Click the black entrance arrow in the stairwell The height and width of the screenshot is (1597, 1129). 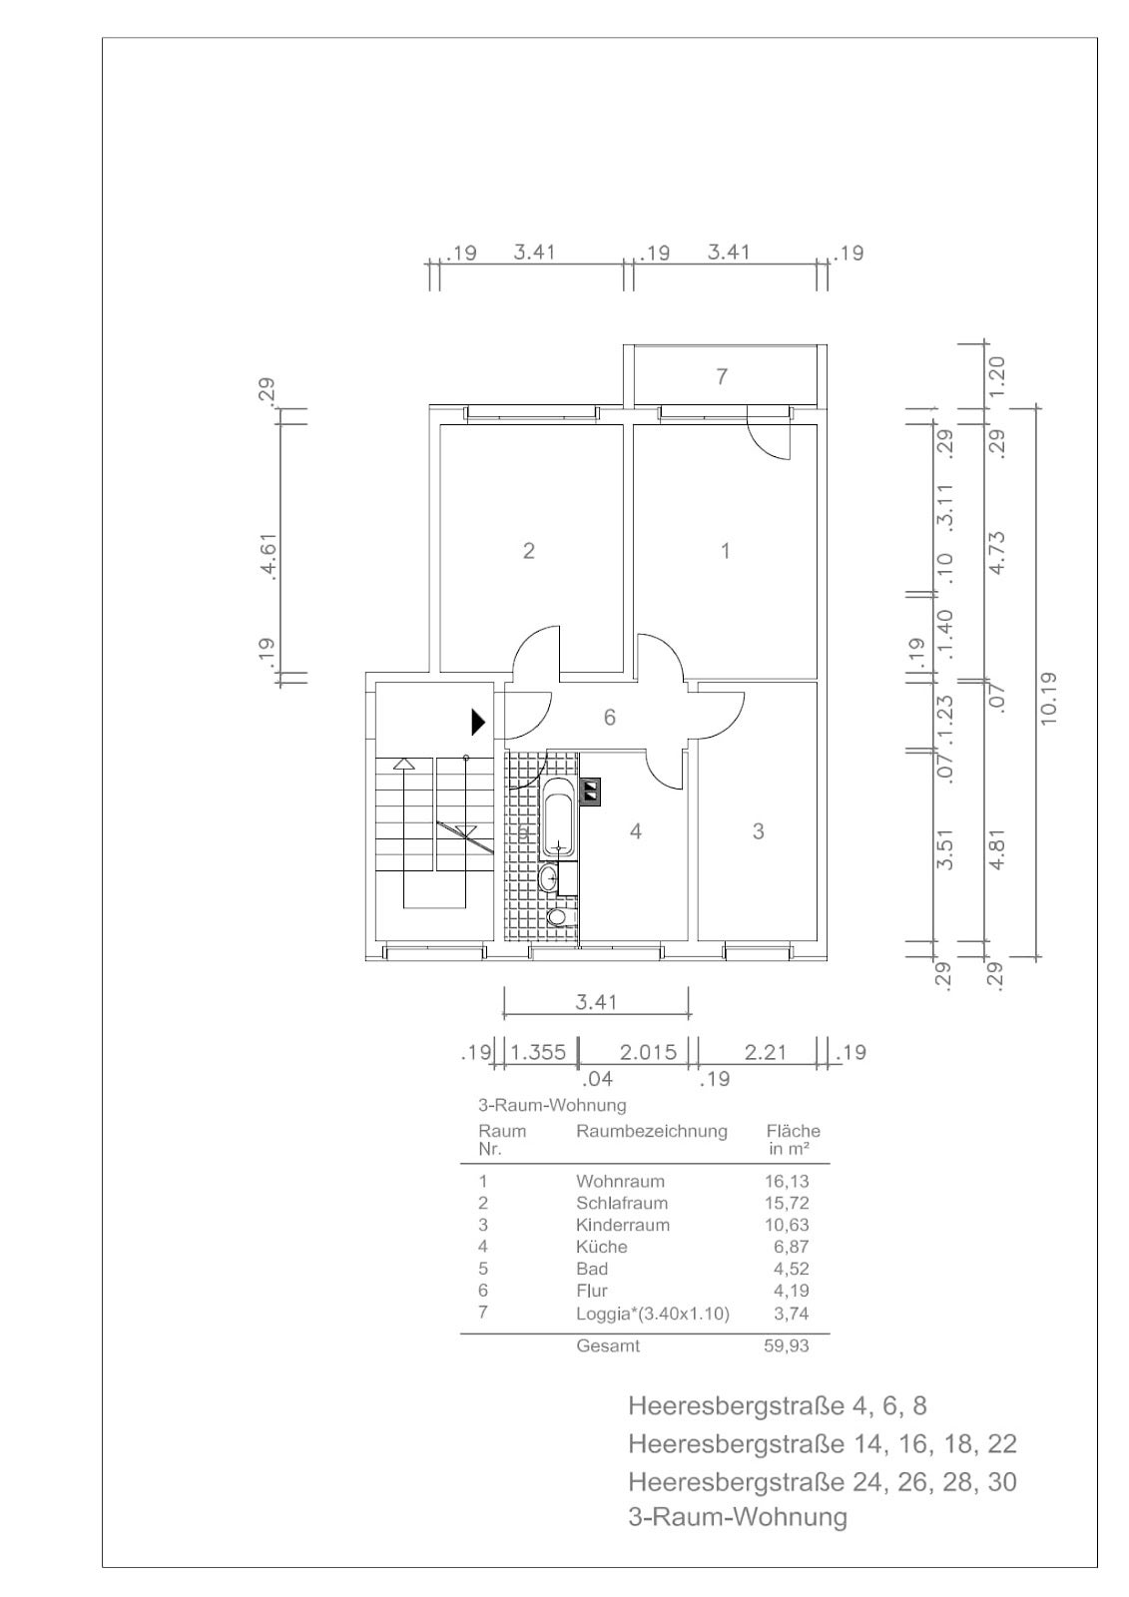[x=478, y=723]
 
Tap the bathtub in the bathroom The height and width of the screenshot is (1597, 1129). [x=558, y=817]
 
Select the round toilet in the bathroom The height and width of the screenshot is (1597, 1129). [x=556, y=917]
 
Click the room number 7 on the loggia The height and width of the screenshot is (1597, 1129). [x=722, y=375]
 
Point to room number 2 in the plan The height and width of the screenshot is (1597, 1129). [x=528, y=550]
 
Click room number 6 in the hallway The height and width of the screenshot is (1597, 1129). [x=609, y=718]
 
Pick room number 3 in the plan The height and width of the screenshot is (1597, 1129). [x=758, y=830]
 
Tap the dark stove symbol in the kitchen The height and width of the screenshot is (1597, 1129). [x=592, y=791]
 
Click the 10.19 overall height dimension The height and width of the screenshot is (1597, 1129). [x=1048, y=699]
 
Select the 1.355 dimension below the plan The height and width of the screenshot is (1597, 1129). [x=538, y=1052]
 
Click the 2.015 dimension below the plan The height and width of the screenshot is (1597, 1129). [x=648, y=1052]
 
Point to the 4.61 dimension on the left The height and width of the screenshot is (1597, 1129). [x=269, y=556]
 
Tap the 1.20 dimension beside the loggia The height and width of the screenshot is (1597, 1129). [x=997, y=372]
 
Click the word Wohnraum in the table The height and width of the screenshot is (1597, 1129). [x=620, y=1182]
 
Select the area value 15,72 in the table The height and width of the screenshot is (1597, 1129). [x=787, y=1204]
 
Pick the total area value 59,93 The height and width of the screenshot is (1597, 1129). [x=787, y=1346]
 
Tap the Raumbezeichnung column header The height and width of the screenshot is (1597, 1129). [x=652, y=1132]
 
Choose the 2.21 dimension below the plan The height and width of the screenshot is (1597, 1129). [x=765, y=1052]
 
